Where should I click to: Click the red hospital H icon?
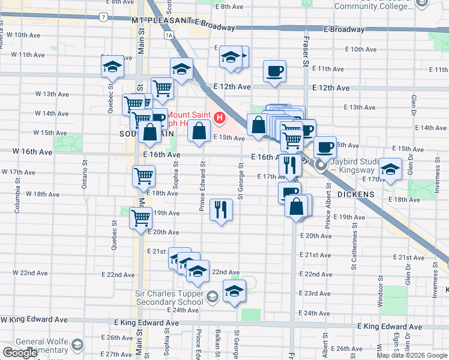point(220,118)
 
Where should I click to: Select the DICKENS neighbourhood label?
point(356,194)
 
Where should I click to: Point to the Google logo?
point(20,353)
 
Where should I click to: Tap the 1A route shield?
point(170,35)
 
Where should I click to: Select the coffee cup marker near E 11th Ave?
point(274,71)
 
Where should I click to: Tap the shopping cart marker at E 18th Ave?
point(144,176)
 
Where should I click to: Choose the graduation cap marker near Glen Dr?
point(390,169)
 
